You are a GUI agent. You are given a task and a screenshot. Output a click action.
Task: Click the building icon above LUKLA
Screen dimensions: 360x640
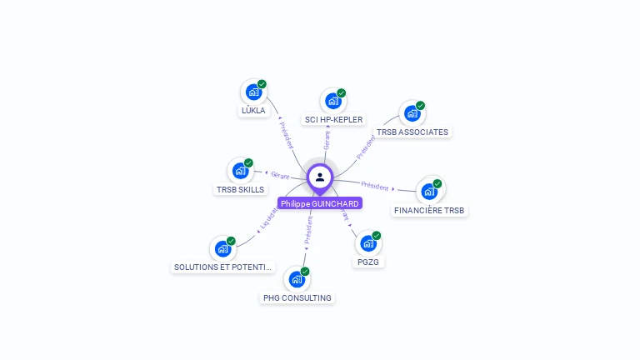pos(253,92)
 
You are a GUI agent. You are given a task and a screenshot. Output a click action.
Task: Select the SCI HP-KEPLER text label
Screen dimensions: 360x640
pos(333,120)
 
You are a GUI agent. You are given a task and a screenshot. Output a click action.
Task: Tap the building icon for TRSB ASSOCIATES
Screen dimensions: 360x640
pos(412,113)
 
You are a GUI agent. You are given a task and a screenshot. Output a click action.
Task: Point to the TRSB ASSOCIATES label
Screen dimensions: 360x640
pos(412,132)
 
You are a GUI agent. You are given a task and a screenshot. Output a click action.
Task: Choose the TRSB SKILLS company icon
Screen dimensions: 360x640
pos(240,171)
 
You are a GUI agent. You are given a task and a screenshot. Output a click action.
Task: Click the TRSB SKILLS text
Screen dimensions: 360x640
pos(240,190)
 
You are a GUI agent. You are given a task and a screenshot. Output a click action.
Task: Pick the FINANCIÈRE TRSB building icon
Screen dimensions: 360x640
pos(429,192)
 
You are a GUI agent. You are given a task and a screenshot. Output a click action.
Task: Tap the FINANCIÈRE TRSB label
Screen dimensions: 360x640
pos(429,211)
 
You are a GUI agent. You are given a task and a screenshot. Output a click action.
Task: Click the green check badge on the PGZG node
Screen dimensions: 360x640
pos(377,236)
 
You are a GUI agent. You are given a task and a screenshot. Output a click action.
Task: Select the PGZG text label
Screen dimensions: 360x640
pos(367,262)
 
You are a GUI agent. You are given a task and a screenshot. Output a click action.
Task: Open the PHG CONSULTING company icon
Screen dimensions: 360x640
pos(297,279)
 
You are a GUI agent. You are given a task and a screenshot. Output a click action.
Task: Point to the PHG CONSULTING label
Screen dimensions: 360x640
pos(297,298)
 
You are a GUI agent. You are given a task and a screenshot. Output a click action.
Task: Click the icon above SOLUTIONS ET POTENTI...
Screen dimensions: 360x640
pos(222,248)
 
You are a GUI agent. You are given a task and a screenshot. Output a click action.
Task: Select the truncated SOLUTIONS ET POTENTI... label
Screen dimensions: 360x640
pos(222,267)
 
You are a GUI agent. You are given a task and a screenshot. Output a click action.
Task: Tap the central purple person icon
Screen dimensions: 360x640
pos(320,177)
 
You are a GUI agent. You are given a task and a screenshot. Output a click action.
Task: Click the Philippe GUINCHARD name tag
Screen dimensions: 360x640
pos(320,203)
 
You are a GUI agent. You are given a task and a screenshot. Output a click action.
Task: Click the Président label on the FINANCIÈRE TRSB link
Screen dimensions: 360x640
pos(375,185)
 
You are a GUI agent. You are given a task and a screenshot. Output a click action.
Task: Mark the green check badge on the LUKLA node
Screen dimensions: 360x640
pos(262,84)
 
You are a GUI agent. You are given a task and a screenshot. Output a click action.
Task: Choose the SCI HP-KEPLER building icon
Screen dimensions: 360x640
pos(333,101)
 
